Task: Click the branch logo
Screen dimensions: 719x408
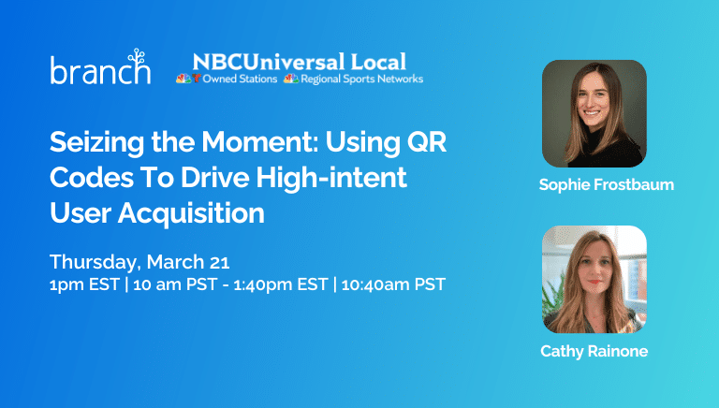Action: [100, 67]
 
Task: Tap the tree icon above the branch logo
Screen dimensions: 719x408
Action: [137, 56]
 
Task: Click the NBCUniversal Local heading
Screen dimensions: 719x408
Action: [300, 62]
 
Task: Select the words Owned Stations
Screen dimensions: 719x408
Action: [240, 79]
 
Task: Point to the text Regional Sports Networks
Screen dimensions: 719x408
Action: [361, 79]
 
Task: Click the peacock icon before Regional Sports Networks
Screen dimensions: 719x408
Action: [291, 79]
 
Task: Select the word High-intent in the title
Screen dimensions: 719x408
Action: [331, 178]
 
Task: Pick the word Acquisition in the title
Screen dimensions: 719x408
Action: [191, 213]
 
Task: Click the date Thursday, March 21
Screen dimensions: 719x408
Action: [139, 262]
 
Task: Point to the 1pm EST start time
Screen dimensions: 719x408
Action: [85, 284]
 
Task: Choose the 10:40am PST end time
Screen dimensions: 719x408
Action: [393, 284]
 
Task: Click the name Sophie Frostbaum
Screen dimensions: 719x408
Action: [607, 184]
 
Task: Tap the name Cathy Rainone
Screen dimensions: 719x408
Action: [594, 351]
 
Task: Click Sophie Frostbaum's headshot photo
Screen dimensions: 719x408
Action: [594, 113]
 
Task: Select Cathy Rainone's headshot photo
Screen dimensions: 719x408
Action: [594, 279]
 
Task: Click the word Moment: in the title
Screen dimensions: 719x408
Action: [260, 142]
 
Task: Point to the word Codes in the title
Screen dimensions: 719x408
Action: [91, 178]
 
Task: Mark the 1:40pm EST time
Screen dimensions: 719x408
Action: [281, 284]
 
